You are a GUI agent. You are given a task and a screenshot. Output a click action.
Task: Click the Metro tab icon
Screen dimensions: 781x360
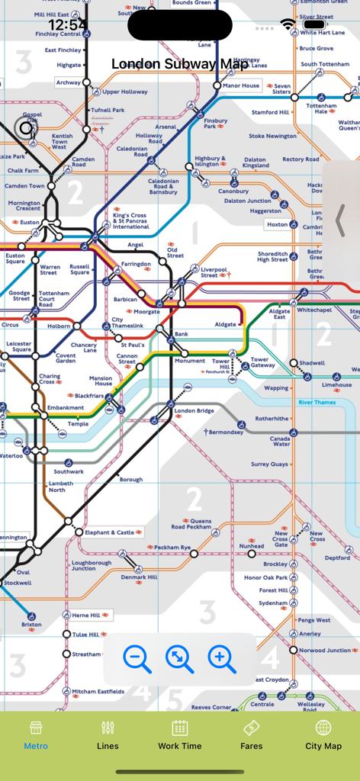click(36, 728)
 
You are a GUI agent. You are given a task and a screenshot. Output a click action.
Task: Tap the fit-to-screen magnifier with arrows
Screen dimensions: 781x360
click(180, 658)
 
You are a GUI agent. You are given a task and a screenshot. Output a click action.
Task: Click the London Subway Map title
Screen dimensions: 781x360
click(180, 64)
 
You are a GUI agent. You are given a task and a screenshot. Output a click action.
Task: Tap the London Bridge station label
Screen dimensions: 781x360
click(194, 411)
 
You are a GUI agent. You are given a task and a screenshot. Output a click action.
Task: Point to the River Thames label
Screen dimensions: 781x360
click(317, 402)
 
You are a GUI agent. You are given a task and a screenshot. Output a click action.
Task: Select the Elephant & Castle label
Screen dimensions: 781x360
click(109, 532)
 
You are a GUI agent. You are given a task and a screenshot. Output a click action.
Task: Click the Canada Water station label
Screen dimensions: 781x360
click(280, 441)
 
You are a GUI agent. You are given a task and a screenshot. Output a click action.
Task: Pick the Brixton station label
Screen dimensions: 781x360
click(31, 625)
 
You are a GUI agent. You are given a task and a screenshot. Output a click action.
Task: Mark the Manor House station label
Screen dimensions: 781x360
click(241, 86)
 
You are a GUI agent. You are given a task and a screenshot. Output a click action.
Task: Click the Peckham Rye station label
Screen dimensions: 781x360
click(172, 548)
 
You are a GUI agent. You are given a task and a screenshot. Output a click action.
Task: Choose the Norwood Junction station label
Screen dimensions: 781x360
click(325, 651)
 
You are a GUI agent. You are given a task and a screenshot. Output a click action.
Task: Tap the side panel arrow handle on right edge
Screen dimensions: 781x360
click(341, 220)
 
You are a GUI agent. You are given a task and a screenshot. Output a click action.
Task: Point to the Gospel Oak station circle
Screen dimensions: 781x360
click(27, 128)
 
